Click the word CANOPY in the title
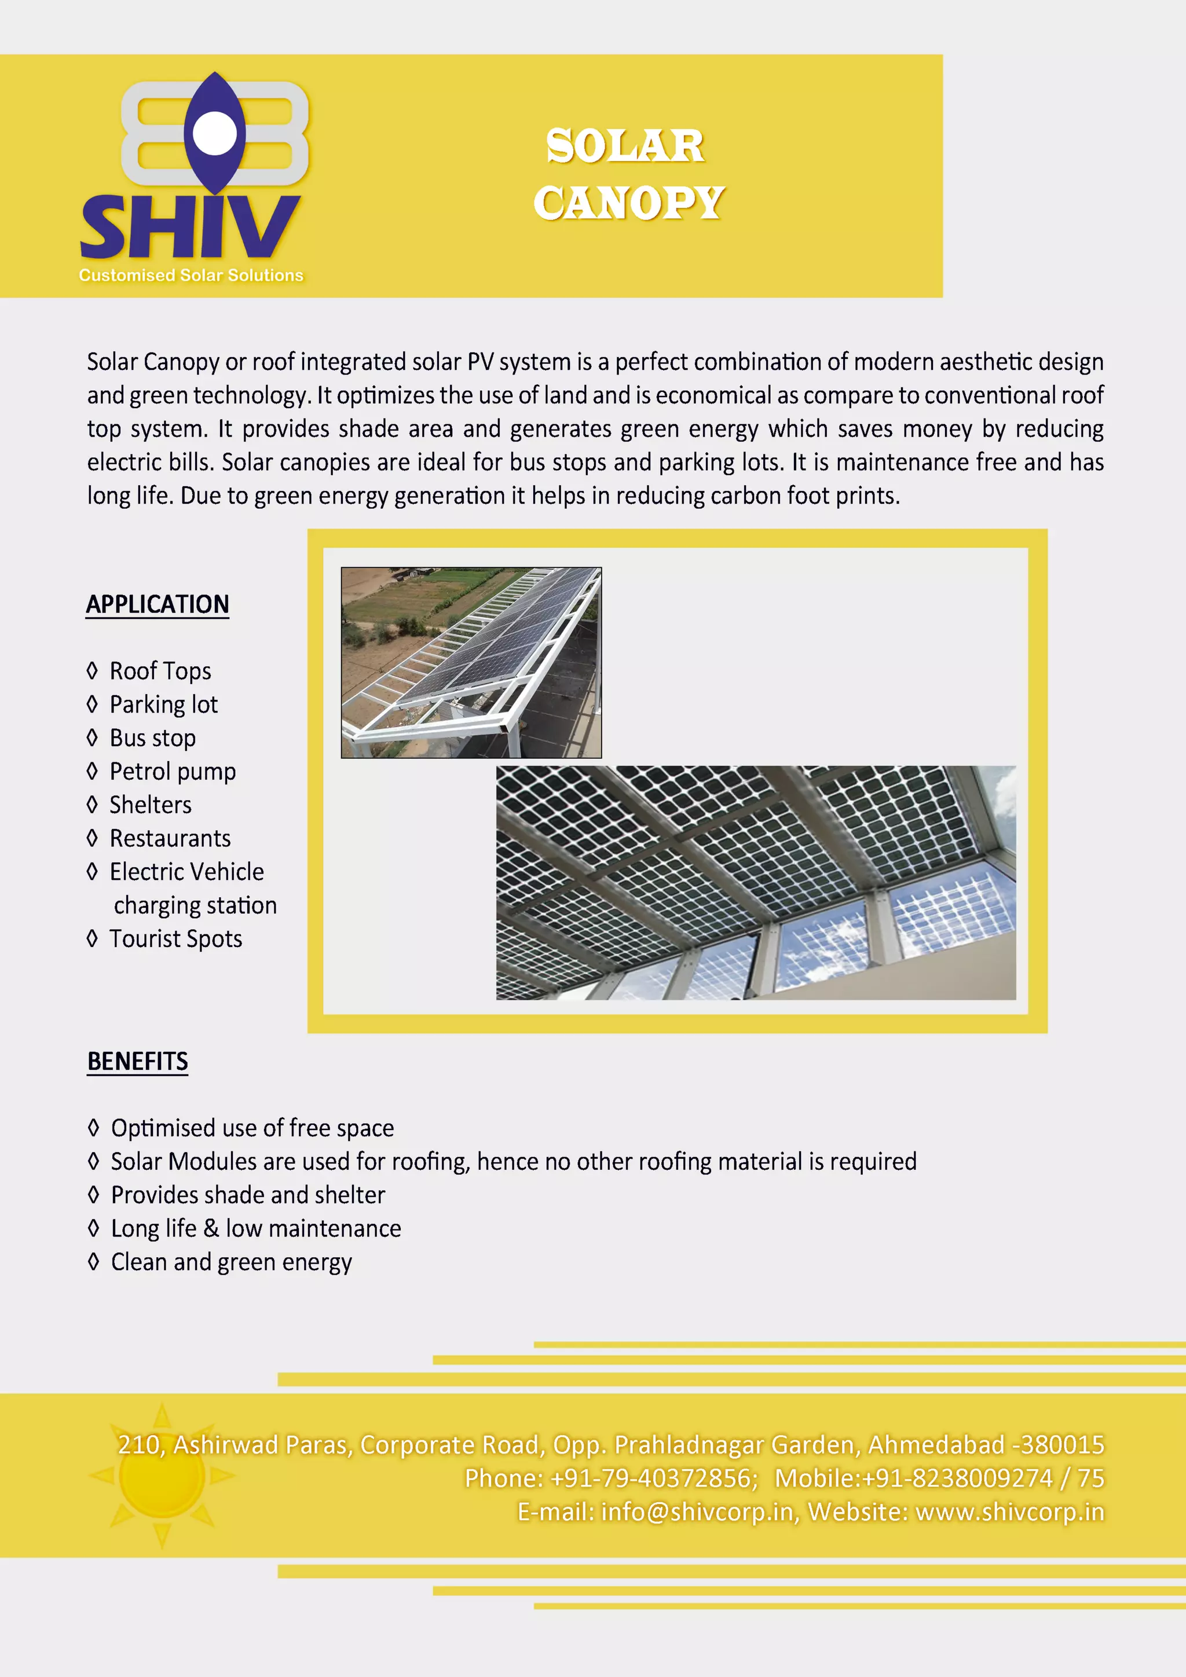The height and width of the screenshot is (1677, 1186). point(628,203)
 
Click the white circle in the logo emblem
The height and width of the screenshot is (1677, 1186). point(214,133)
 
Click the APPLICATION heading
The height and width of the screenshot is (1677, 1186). point(157,605)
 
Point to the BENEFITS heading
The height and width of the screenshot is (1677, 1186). point(137,1061)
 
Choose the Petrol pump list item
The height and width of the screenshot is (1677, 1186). point(173,771)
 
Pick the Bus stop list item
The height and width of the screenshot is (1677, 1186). point(153,737)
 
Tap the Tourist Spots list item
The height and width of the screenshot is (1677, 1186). point(175,938)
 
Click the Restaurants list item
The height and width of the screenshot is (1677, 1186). point(170,838)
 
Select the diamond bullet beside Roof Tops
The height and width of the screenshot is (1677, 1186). point(92,670)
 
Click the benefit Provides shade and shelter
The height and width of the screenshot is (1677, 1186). point(248,1195)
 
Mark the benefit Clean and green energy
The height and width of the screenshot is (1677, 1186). point(231,1262)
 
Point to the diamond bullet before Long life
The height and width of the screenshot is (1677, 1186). point(93,1228)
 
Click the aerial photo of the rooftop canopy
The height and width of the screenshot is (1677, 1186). point(471,662)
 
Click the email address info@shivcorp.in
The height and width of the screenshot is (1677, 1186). point(697,1512)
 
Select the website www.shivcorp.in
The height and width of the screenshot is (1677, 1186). point(1009,1512)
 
